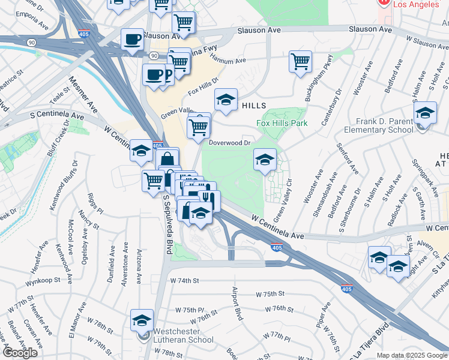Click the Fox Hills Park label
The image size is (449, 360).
pos(282,124)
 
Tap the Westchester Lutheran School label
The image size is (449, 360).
pos(183,335)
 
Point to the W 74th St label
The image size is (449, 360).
pos(184,280)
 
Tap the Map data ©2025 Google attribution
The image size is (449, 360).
pos(411,355)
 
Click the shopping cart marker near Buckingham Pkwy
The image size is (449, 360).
pos(300,61)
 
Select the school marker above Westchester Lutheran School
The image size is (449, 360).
pos(142,320)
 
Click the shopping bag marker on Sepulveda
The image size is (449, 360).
pos(168,160)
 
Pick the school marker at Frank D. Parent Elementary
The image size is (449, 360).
pos(424,113)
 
